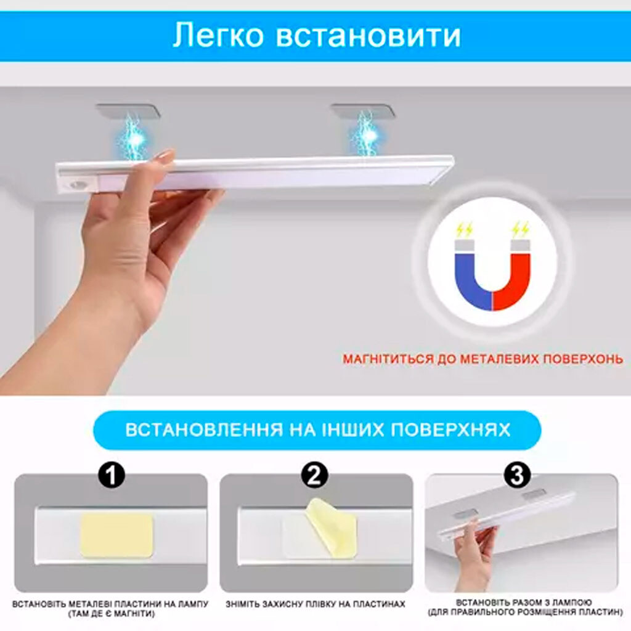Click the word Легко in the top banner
pos(218,35)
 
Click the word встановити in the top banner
pos(368,35)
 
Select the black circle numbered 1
pos(112,475)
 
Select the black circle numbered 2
pos(315,475)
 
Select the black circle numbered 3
pos(517,475)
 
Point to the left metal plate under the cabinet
pos(128,111)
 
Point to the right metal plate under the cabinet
pos(362,111)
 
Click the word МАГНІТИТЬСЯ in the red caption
pos(388,359)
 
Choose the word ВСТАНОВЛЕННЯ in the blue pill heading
pos(204,429)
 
